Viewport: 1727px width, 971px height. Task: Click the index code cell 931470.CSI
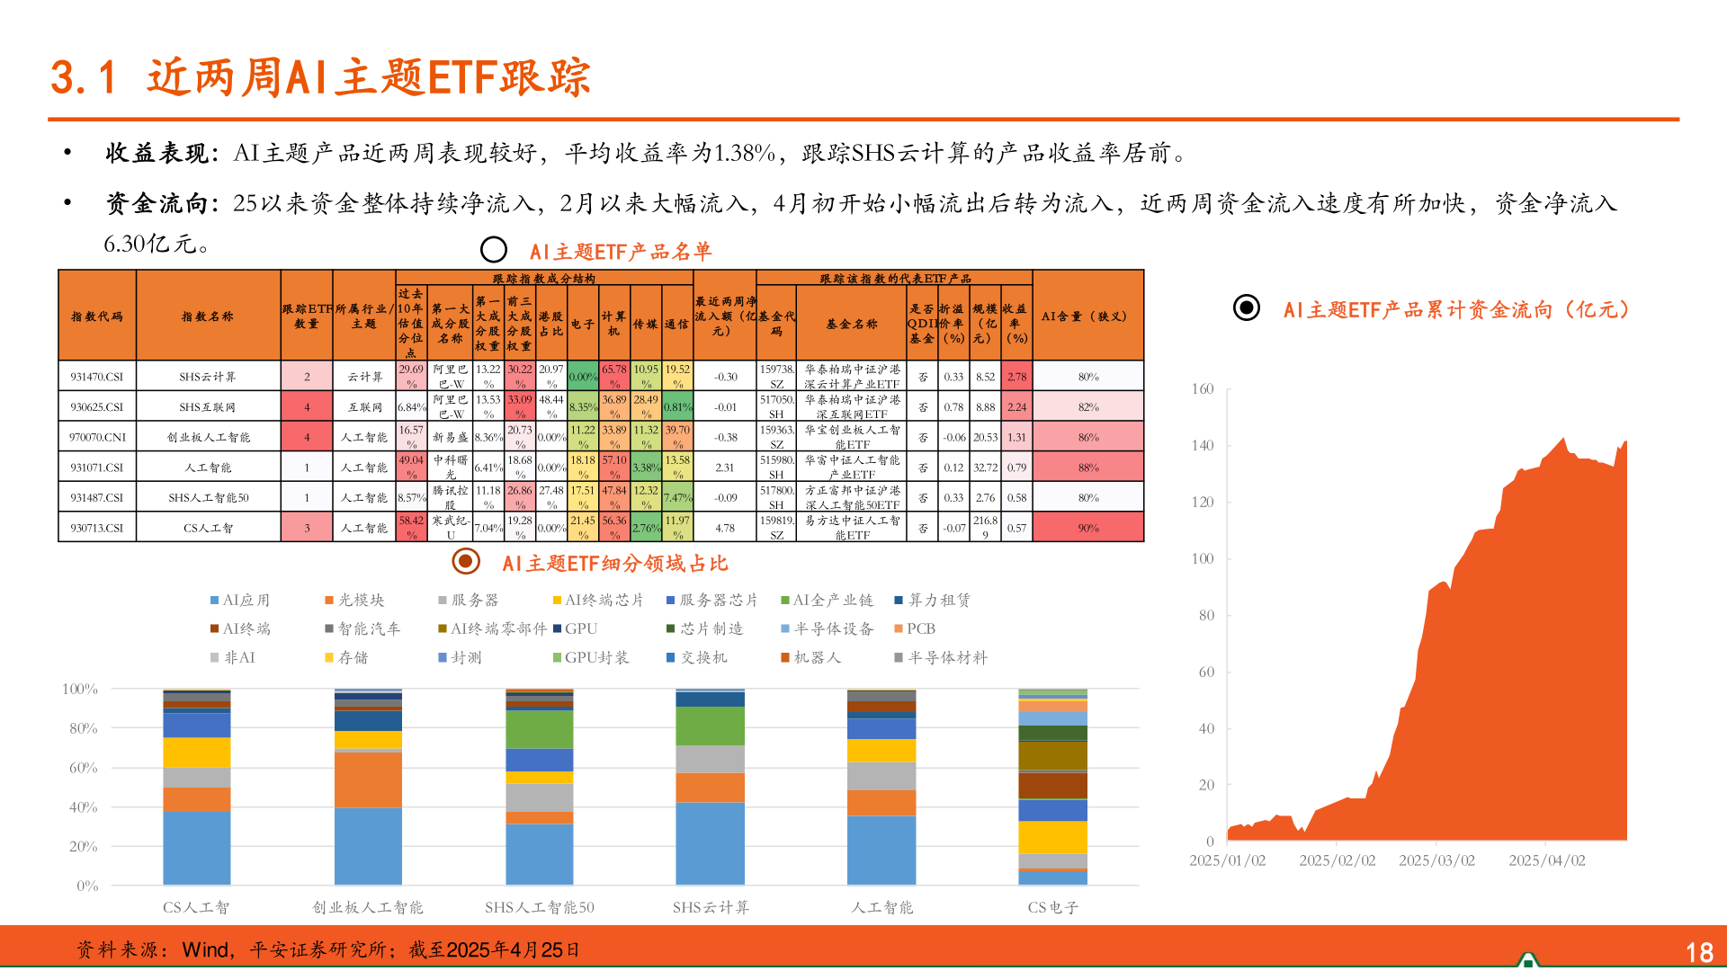click(97, 377)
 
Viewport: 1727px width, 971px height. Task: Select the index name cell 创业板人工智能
click(209, 437)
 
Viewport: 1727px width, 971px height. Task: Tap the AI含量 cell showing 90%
click(1088, 528)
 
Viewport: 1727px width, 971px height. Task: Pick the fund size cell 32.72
click(985, 468)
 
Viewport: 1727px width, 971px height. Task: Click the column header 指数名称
click(208, 316)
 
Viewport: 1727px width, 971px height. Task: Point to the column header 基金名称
click(852, 324)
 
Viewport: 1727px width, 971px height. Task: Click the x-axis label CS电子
click(1052, 907)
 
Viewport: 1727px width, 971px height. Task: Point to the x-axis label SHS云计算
click(711, 907)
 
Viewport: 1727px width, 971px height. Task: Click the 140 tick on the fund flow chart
click(1203, 445)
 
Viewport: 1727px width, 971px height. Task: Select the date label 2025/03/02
click(1436, 860)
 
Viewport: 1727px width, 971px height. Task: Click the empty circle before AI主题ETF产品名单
click(494, 250)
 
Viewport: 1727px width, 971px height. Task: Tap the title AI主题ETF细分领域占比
click(614, 564)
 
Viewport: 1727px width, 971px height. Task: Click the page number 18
click(1698, 952)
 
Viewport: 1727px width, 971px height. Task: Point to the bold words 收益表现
click(157, 153)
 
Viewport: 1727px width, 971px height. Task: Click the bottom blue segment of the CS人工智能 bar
click(197, 848)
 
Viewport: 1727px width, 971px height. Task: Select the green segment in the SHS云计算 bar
click(711, 726)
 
